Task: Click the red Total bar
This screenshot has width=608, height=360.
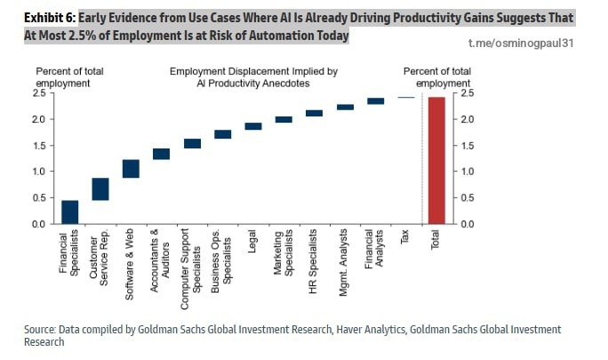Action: click(436, 160)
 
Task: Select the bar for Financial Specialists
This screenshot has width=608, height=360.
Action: click(69, 212)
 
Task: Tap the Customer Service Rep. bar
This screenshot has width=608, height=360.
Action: click(100, 189)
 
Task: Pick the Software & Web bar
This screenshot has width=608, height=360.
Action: click(131, 169)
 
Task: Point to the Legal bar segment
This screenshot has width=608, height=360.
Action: click(253, 126)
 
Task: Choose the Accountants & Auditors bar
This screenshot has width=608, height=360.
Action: click(161, 154)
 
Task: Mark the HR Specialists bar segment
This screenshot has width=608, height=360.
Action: click(314, 113)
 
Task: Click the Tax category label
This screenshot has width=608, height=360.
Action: click(405, 240)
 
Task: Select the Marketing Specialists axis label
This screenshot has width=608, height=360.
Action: click(284, 253)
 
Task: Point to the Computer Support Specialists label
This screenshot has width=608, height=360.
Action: click(192, 259)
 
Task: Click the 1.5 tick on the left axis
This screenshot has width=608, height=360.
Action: click(39, 145)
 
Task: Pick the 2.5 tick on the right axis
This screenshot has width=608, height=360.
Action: click(468, 92)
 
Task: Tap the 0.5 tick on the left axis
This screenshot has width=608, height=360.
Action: click(39, 197)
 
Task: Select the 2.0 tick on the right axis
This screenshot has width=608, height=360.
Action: click(468, 119)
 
